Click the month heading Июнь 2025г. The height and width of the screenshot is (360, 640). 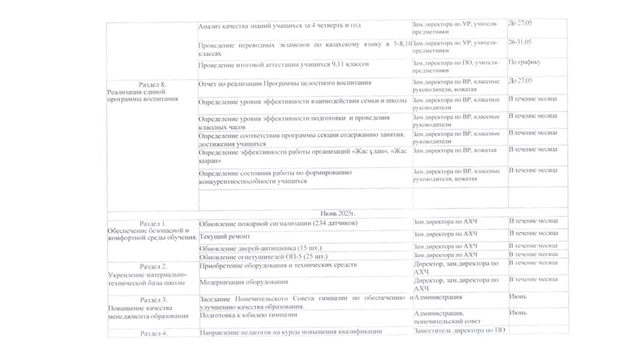pyautogui.click(x=337, y=212)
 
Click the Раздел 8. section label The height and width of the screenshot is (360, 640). pyautogui.click(x=152, y=84)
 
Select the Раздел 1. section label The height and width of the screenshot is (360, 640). pyautogui.click(x=153, y=222)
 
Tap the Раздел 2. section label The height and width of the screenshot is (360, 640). pyautogui.click(x=153, y=266)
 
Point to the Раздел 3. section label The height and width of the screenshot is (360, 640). pyautogui.click(x=153, y=299)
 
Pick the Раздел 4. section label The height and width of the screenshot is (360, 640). pyautogui.click(x=153, y=332)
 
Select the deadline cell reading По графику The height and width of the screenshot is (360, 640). pyautogui.click(x=524, y=62)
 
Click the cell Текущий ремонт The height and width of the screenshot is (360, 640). pyautogui.click(x=224, y=236)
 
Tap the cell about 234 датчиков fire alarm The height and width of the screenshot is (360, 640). pyautogui.click(x=278, y=223)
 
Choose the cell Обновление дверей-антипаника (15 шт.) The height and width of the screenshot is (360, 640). pyautogui.click(x=260, y=248)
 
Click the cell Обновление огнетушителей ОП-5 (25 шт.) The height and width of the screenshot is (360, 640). pyautogui.click(x=263, y=256)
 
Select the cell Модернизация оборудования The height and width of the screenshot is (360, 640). pyautogui.click(x=243, y=281)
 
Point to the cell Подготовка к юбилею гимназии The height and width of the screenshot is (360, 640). pyautogui.click(x=248, y=315)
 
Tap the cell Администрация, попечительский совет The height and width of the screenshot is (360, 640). pyautogui.click(x=447, y=317)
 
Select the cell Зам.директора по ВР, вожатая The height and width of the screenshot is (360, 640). pyautogui.click(x=454, y=150)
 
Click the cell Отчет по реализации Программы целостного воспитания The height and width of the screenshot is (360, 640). pyautogui.click(x=284, y=82)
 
